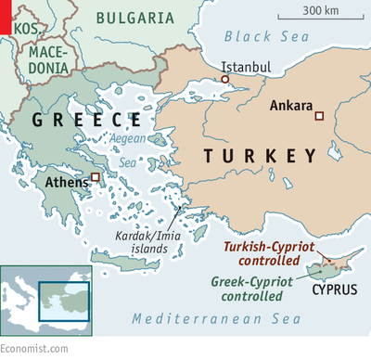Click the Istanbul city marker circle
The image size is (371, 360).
(224, 80)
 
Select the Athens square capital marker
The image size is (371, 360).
(96, 176)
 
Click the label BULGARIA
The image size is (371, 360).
(135, 17)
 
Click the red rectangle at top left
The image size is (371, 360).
(6, 17)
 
